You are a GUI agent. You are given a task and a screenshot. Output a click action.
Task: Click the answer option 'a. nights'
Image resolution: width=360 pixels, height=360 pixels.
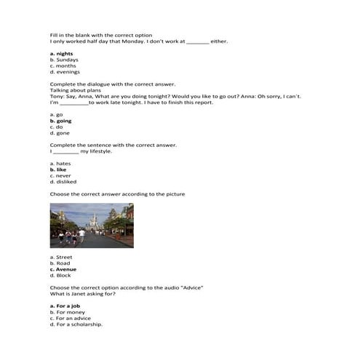click(x=62, y=54)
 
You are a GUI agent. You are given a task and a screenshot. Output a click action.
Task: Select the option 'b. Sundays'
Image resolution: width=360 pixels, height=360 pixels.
click(x=63, y=60)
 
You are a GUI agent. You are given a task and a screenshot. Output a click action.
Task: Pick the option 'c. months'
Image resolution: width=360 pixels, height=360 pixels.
click(x=63, y=65)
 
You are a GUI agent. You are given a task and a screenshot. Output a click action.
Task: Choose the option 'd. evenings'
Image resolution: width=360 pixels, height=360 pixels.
click(x=65, y=72)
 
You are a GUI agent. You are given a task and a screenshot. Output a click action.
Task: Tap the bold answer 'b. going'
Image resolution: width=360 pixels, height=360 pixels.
click(x=62, y=121)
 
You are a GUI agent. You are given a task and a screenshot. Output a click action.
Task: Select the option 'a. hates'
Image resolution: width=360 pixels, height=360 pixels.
click(x=61, y=164)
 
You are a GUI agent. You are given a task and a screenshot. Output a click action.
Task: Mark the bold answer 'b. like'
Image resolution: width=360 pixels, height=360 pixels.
click(x=60, y=169)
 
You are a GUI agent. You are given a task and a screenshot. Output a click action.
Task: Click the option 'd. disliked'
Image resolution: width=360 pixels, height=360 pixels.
click(x=63, y=182)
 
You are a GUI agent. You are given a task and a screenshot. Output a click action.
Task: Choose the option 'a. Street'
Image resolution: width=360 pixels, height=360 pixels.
click(x=61, y=257)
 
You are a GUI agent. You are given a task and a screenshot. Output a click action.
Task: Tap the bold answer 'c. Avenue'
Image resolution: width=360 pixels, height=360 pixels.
click(x=63, y=269)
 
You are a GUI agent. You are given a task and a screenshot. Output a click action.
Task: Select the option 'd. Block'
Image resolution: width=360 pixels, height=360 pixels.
click(x=61, y=276)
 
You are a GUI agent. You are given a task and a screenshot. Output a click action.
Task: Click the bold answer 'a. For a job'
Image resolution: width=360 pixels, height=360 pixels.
click(x=66, y=306)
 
